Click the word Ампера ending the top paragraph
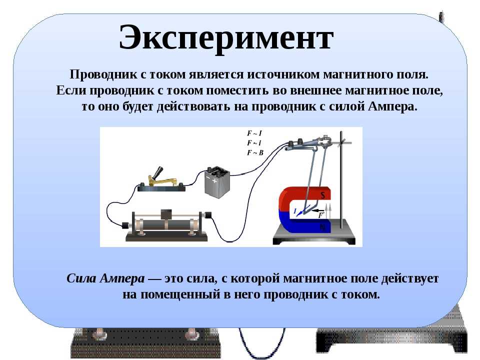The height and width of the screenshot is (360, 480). (392, 106)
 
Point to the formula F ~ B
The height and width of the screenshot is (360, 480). (255, 152)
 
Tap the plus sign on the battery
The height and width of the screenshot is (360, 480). (214, 180)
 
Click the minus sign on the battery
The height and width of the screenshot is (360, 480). (208, 177)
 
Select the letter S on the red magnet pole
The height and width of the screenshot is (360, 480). (322, 195)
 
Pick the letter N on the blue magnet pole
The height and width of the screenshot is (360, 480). (322, 227)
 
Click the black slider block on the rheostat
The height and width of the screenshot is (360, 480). (166, 214)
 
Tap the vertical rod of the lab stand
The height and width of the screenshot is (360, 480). (341, 180)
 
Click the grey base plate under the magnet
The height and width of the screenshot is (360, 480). (314, 235)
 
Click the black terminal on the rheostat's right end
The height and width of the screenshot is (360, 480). (208, 215)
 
